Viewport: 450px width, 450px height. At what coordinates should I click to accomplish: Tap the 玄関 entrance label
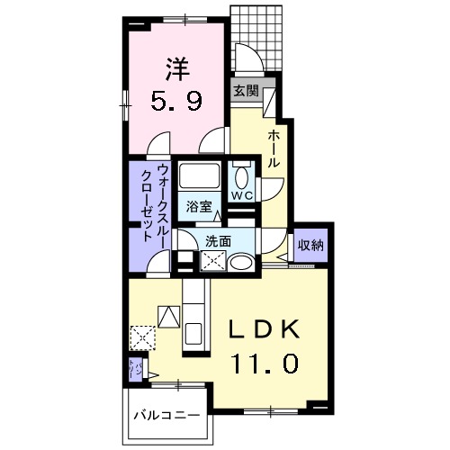(x=246, y=90)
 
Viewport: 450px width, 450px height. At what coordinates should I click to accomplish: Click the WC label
(x=240, y=195)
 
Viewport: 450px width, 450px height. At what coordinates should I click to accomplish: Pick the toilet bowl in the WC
(x=241, y=175)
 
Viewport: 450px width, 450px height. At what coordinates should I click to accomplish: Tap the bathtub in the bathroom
(x=199, y=176)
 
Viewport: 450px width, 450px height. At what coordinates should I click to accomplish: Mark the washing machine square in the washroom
(x=215, y=262)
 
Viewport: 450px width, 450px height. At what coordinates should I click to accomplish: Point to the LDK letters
(x=264, y=330)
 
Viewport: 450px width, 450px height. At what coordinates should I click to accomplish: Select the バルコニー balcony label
(x=166, y=416)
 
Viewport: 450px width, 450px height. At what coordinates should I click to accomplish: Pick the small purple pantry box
(x=135, y=370)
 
